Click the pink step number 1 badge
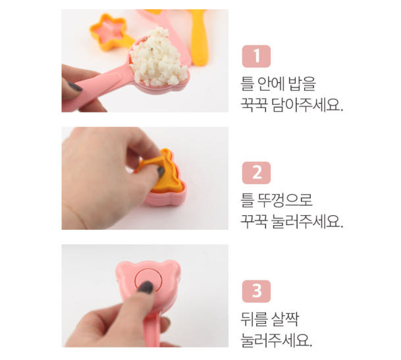click(x=256, y=56)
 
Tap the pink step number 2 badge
click(x=256, y=173)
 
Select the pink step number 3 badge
click(x=256, y=291)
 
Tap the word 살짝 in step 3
click(x=286, y=319)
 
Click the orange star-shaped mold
click(x=109, y=32)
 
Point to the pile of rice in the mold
click(x=159, y=57)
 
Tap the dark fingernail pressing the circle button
click(x=146, y=288)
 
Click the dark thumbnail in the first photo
click(x=74, y=87)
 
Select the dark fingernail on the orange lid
click(x=161, y=172)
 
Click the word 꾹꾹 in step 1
click(x=254, y=105)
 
